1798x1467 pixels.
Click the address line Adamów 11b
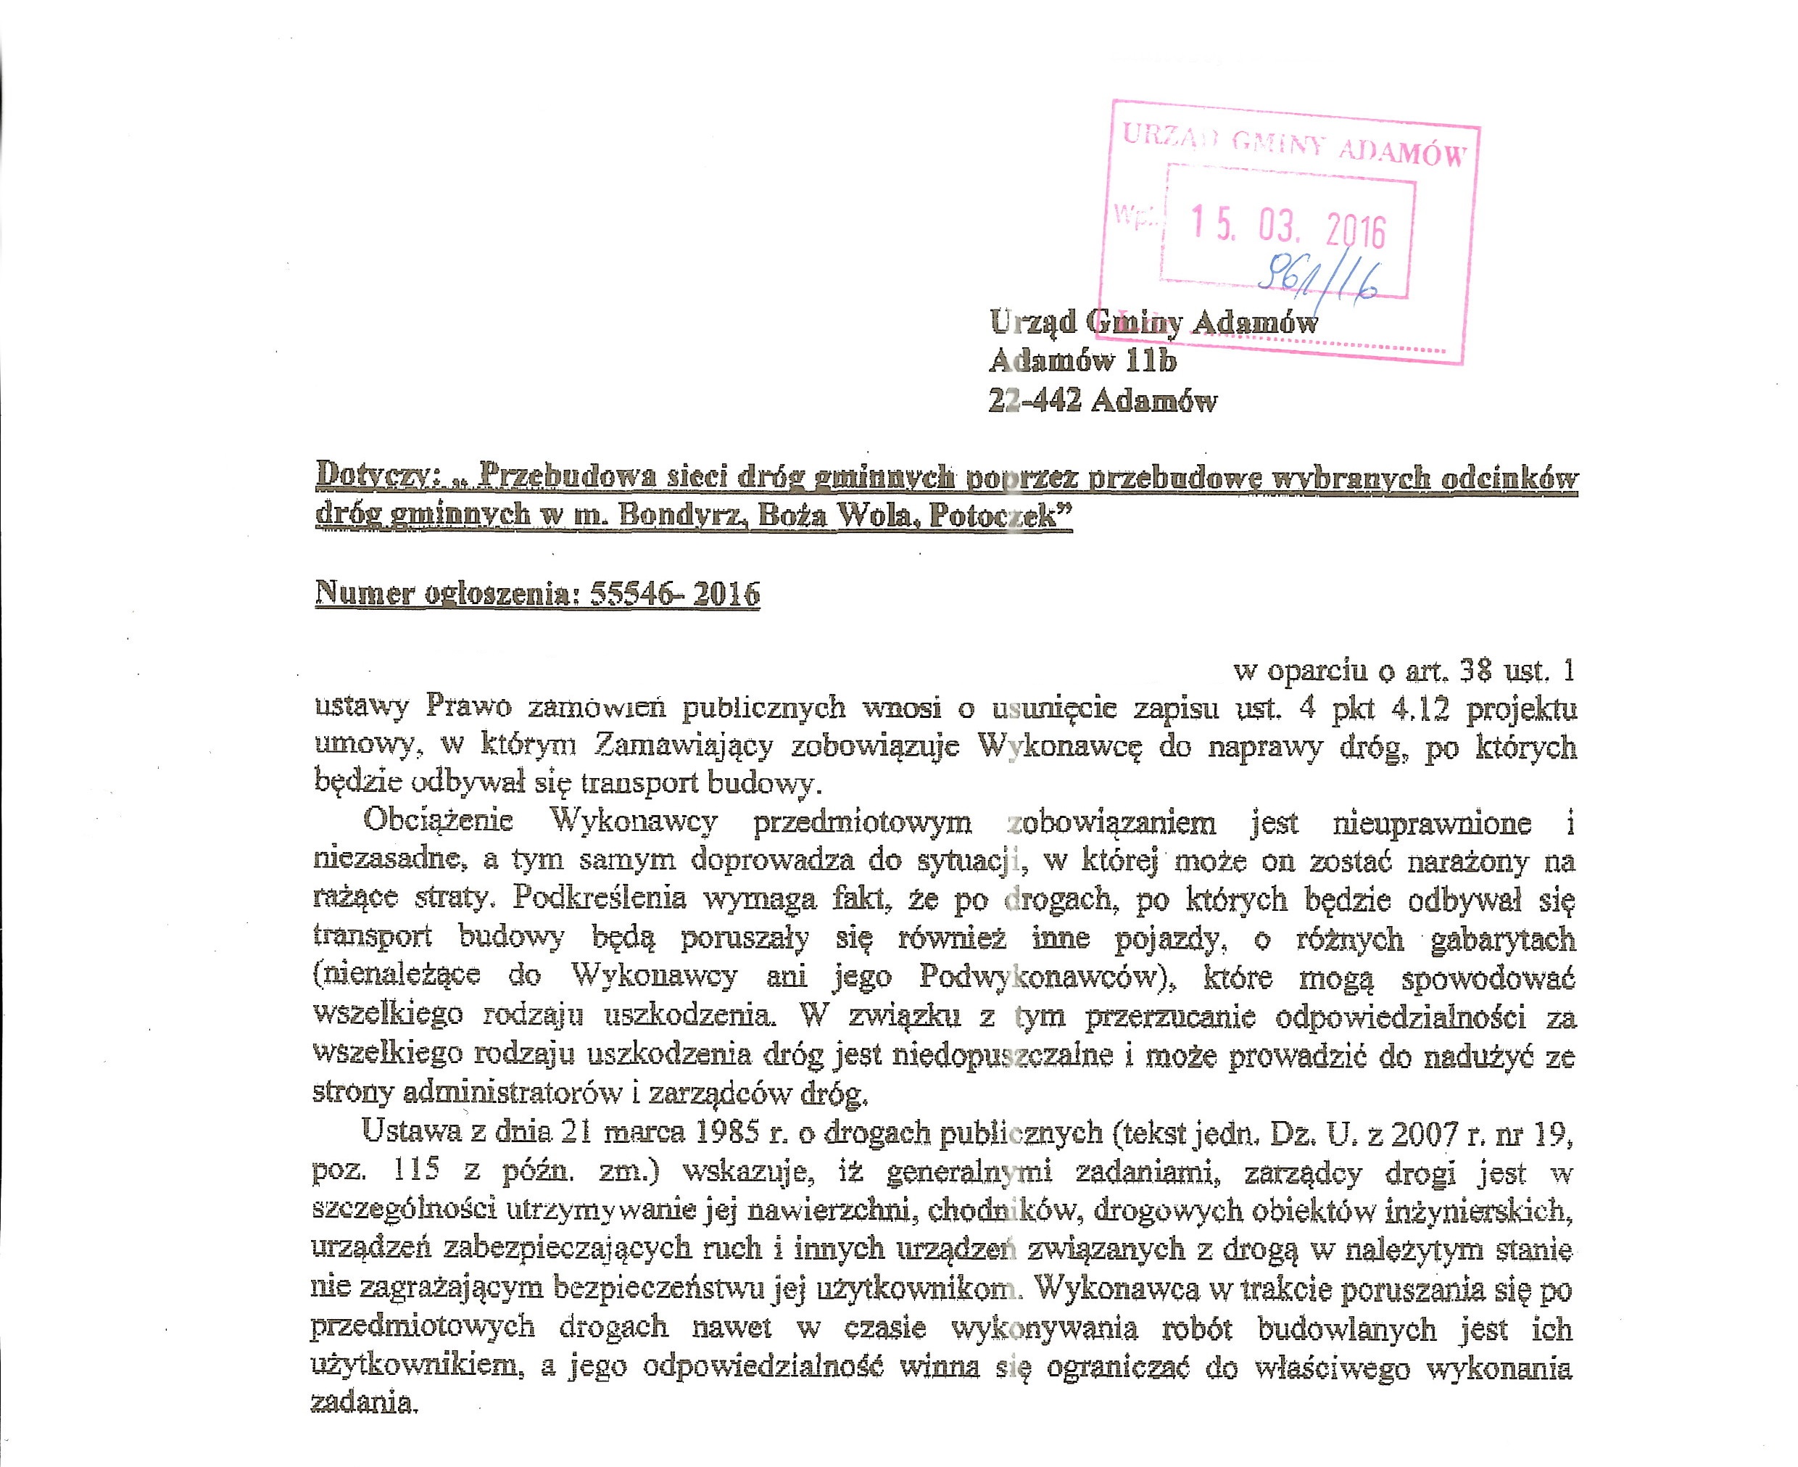click(x=1082, y=361)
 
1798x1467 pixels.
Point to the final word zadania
click(x=364, y=1404)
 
